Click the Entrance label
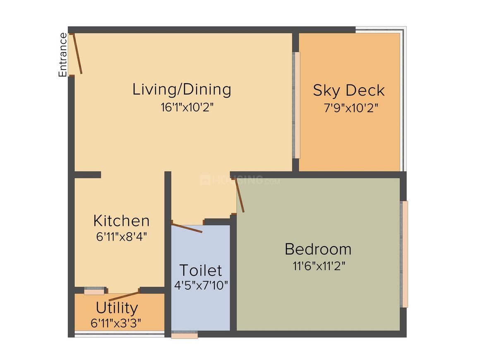[x=62, y=55]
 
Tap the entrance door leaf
[x=77, y=54]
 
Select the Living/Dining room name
[x=182, y=89]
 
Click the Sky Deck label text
[x=348, y=90]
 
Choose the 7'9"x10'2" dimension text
[x=351, y=108]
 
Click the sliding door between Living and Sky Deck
[x=297, y=105]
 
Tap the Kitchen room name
[x=121, y=221]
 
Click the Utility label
[x=117, y=308]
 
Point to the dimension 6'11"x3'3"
[x=116, y=323]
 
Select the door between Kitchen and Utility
[x=124, y=296]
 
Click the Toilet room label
[x=201, y=270]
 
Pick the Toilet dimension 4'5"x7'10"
[x=201, y=285]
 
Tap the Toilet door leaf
[x=187, y=228]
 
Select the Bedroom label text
[x=318, y=249]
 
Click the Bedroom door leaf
[x=240, y=196]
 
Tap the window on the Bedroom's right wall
[x=404, y=254]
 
